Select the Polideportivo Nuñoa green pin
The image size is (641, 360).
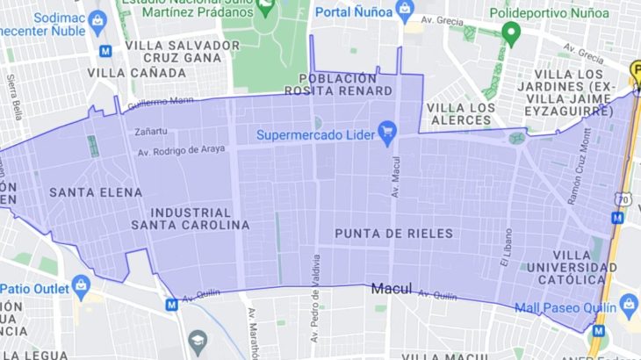click(511, 34)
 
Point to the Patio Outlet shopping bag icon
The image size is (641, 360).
click(82, 286)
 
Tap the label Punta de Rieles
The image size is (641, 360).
click(394, 233)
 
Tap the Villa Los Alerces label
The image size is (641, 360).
click(458, 113)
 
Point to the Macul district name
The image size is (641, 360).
click(392, 288)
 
